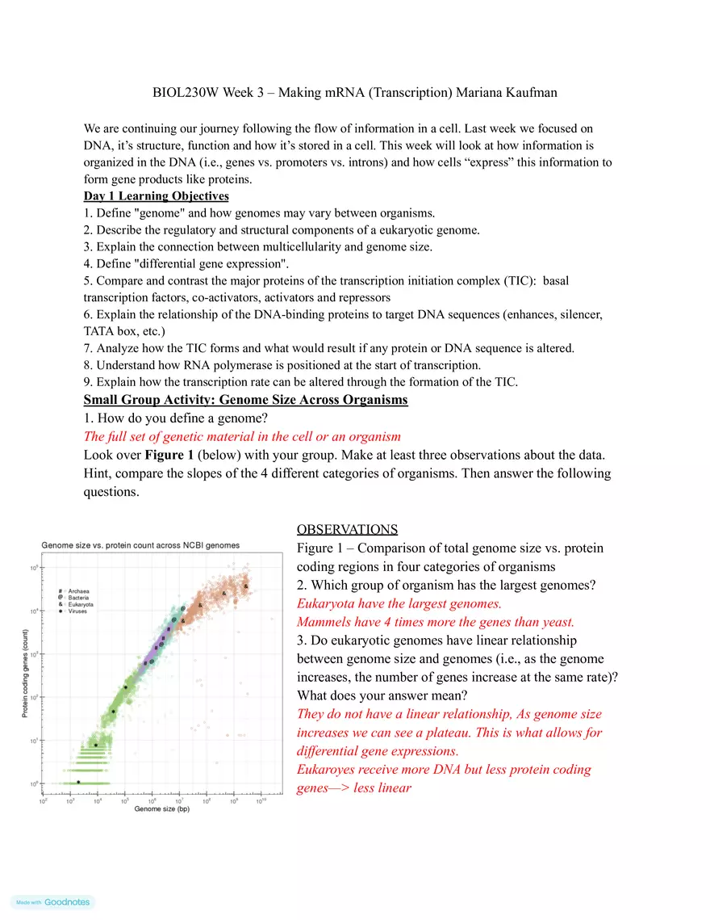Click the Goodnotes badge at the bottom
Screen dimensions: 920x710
click(x=52, y=901)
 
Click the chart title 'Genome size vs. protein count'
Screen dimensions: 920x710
click(x=140, y=545)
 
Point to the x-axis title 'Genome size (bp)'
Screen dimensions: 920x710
click(x=161, y=809)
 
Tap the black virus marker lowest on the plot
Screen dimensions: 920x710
click(x=78, y=782)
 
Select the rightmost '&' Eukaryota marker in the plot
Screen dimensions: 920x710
click(x=246, y=586)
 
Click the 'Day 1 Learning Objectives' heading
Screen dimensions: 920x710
click(x=156, y=196)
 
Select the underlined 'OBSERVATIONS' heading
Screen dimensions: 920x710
click(x=347, y=530)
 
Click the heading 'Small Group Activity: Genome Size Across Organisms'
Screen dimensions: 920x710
click(x=245, y=400)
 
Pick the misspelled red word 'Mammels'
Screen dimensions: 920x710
click(x=325, y=622)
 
